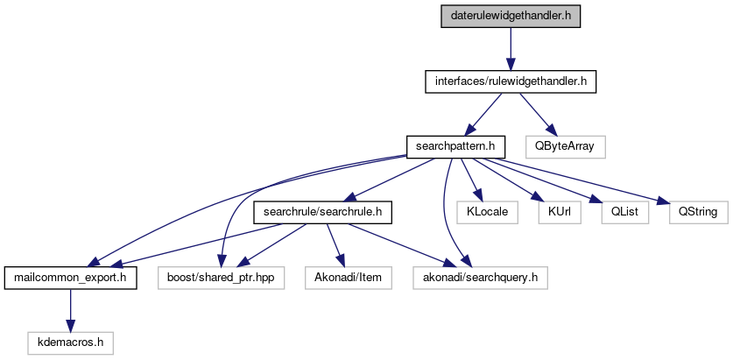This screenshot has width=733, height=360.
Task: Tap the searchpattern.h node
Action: (x=450, y=145)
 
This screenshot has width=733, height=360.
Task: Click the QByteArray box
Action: (x=565, y=145)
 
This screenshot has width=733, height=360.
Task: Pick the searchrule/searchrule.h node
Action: (x=322, y=212)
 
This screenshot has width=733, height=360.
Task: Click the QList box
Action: (x=617, y=212)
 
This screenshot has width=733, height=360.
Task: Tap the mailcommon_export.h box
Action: (x=70, y=279)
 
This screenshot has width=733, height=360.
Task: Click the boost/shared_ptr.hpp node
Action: (x=221, y=279)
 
